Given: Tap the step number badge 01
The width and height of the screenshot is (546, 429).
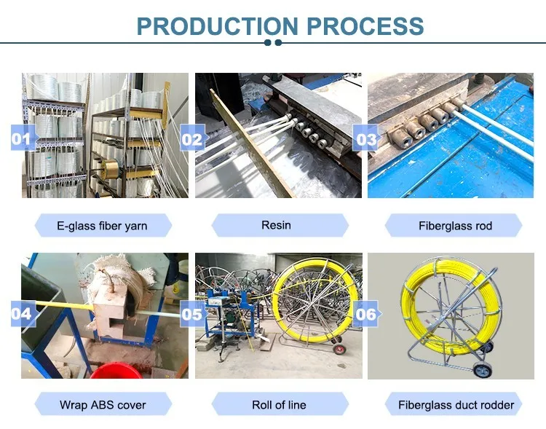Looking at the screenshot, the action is pos(22,137).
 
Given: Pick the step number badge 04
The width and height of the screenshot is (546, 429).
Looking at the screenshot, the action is pos(22,314).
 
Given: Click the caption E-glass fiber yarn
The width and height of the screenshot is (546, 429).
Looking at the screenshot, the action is pos(102,226).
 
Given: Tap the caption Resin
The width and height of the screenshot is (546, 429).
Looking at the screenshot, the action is pos(276,225).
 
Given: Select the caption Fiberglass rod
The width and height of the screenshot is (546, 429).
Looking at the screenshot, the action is pos(455,226).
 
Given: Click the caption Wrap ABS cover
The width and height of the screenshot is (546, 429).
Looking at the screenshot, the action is pos(103,404).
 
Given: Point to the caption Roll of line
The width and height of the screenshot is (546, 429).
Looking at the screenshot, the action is pos(279,404).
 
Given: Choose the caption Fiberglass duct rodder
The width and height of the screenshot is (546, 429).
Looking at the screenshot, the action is pos(456,404).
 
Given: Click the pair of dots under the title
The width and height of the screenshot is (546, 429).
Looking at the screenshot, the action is pos(273,43).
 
